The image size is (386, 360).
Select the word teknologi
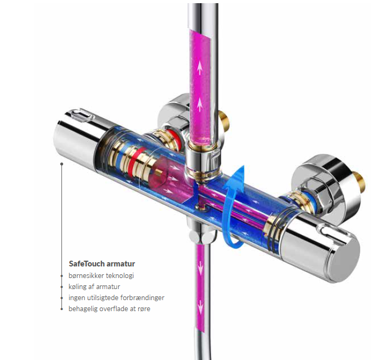(119, 276)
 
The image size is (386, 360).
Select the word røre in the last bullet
(144, 309)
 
